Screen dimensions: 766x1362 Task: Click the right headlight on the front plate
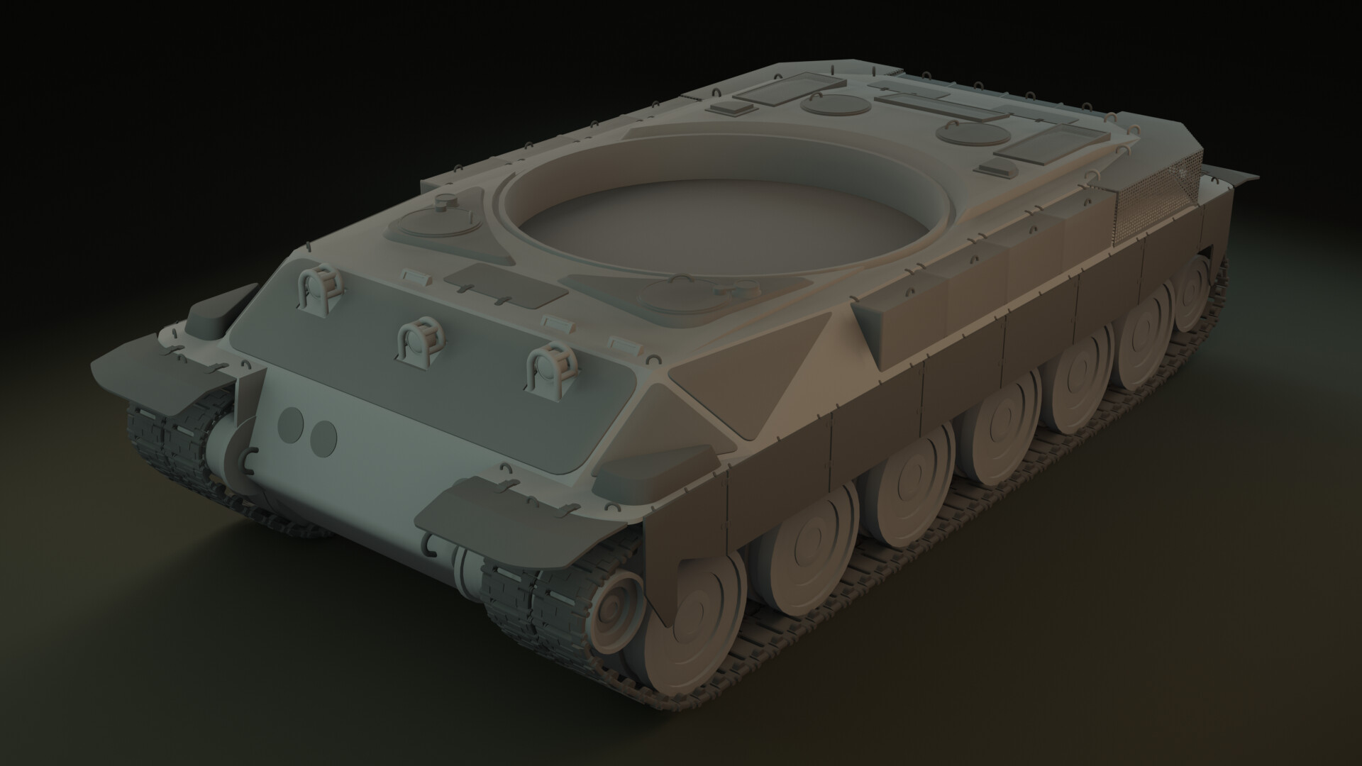[x=550, y=367]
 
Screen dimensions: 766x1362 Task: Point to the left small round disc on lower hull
[x=289, y=424]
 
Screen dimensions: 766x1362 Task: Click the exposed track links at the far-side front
[x=167, y=440]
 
